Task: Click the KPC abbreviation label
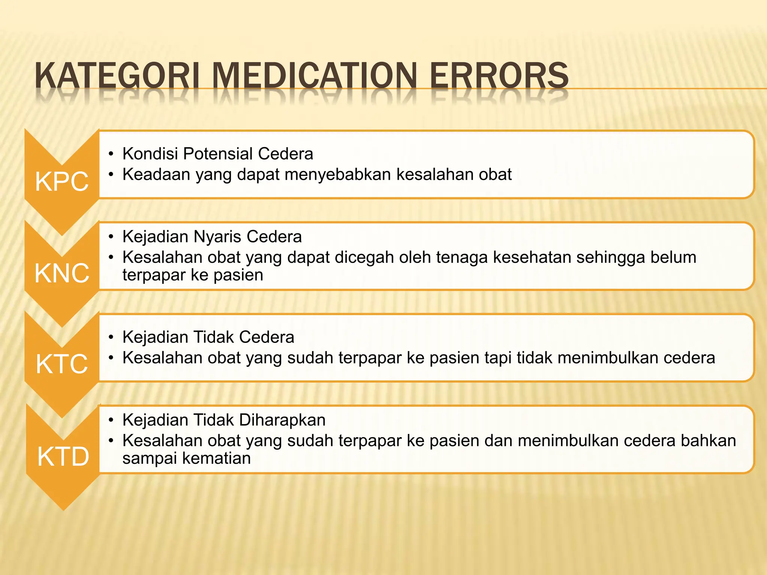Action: point(62,182)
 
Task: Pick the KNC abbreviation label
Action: point(62,273)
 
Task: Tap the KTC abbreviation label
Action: point(62,364)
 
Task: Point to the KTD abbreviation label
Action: point(63,457)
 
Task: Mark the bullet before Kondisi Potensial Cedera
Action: point(111,154)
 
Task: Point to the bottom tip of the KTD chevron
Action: point(63,509)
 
